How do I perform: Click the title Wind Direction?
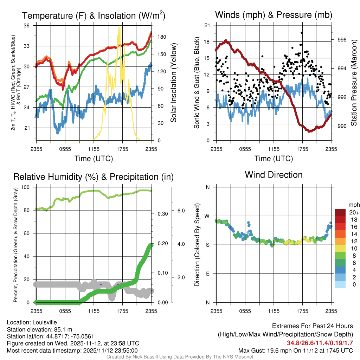(274, 175)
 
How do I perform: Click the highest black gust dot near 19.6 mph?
(302, 32)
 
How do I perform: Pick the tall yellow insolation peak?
(120, 27)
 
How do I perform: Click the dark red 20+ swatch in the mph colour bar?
(341, 212)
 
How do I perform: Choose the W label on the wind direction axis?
(207, 216)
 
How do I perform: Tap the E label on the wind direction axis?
(207, 274)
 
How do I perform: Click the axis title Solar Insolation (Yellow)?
(173, 83)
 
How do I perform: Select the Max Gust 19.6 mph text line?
(295, 351)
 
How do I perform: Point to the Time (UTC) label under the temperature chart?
(94, 159)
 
